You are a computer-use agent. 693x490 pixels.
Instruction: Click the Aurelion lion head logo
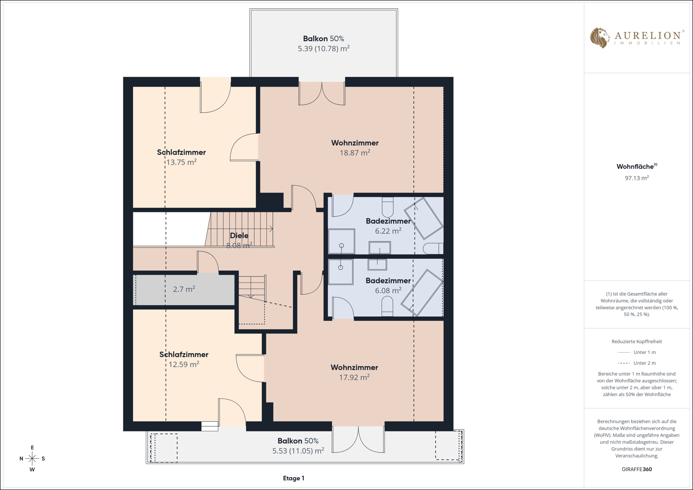tap(599, 38)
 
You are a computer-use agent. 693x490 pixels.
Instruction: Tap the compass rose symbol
tap(32, 459)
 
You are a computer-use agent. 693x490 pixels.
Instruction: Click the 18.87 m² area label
tap(355, 153)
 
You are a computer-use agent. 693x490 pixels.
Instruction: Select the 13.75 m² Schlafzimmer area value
tap(182, 162)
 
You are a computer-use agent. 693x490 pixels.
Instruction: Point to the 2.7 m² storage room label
tap(184, 289)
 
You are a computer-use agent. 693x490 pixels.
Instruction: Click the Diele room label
tap(239, 236)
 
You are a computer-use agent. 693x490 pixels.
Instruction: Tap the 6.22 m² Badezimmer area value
tap(388, 231)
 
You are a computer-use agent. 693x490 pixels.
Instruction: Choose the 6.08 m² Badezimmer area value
tap(388, 290)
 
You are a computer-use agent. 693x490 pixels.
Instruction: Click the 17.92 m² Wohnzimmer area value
tap(354, 377)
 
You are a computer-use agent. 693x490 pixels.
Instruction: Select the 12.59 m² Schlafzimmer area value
tap(184, 364)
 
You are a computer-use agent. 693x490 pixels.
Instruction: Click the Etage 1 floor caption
tap(293, 478)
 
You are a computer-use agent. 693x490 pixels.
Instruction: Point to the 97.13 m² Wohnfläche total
tap(637, 178)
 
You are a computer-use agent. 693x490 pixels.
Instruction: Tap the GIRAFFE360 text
tap(637, 469)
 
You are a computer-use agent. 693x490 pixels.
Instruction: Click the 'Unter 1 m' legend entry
tap(637, 352)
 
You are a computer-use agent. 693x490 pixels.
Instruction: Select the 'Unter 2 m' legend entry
tap(637, 363)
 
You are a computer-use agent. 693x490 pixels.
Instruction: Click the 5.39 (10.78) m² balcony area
tap(323, 48)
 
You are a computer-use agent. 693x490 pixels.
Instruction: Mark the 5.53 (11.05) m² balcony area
tap(298, 451)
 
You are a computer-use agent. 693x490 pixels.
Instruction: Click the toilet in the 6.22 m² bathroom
tap(388, 207)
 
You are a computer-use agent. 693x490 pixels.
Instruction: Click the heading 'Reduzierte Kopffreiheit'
tap(637, 341)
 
